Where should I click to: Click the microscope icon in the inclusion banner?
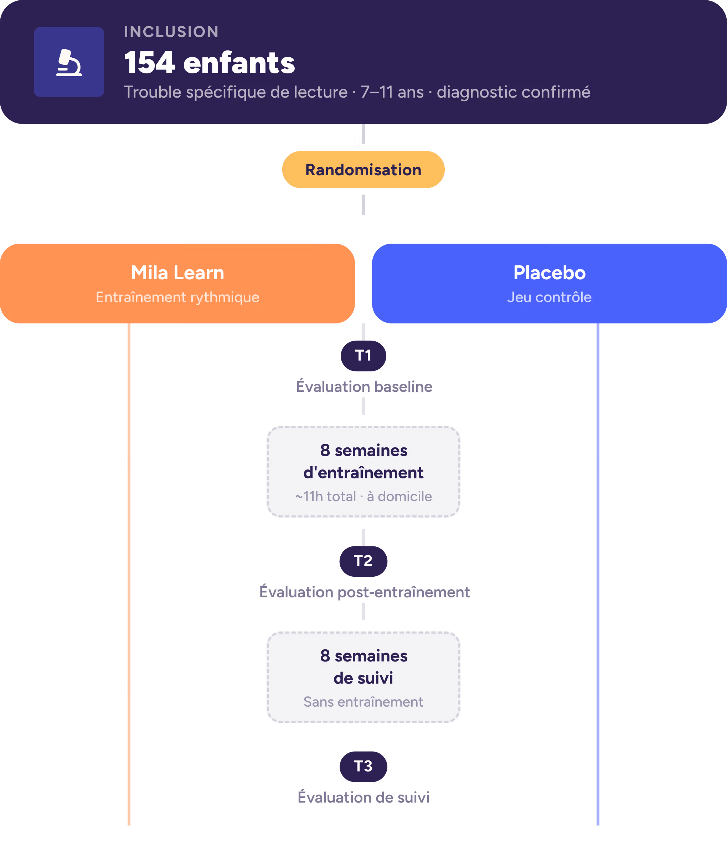pos(69,62)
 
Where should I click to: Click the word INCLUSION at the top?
pos(171,32)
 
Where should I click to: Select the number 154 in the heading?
pos(150,63)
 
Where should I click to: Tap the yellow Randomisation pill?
pos(363,170)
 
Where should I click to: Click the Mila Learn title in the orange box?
pos(177,272)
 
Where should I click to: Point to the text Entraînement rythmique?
pos(177,297)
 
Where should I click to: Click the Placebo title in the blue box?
pos(550,272)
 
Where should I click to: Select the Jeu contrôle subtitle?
pos(550,297)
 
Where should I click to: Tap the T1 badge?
pos(363,355)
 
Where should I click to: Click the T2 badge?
pos(363,561)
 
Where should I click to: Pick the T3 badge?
pos(363,767)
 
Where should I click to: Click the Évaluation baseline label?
pos(364,386)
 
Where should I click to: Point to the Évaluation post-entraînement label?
pos(364,592)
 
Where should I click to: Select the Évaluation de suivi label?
pos(363,797)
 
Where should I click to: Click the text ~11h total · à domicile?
pos(363,496)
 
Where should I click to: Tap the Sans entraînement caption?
pos(363,702)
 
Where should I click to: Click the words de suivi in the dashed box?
pos(363,678)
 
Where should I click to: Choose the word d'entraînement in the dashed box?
pos(363,472)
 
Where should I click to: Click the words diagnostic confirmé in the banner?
pos(514,92)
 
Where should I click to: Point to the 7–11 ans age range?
pos(392,92)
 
